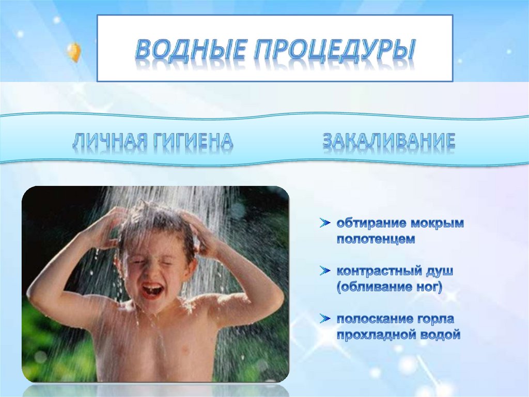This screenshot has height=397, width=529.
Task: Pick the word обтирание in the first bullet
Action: [371, 224]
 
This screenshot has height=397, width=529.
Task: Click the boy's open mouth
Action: [152, 290]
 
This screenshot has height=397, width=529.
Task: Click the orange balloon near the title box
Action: [74, 52]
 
